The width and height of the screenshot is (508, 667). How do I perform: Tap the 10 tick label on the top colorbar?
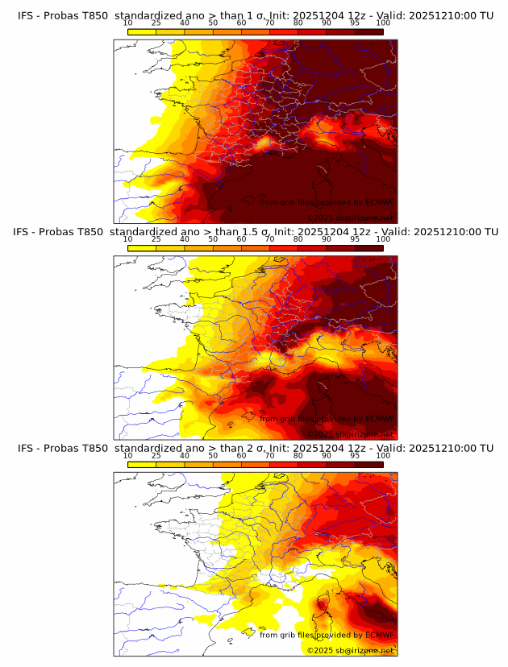click(x=128, y=23)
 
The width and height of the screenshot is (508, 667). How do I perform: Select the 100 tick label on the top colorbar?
click(x=382, y=23)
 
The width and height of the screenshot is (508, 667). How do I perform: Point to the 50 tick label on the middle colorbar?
click(x=213, y=239)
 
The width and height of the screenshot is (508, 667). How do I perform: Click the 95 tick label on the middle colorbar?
click(x=355, y=239)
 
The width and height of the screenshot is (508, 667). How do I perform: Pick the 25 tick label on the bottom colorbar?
click(x=156, y=455)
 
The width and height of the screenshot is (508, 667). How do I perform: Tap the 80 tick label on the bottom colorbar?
click(x=298, y=455)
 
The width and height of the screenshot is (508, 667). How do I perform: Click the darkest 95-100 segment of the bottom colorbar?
click(x=369, y=465)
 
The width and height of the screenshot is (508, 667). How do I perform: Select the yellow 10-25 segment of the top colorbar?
click(x=142, y=32)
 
